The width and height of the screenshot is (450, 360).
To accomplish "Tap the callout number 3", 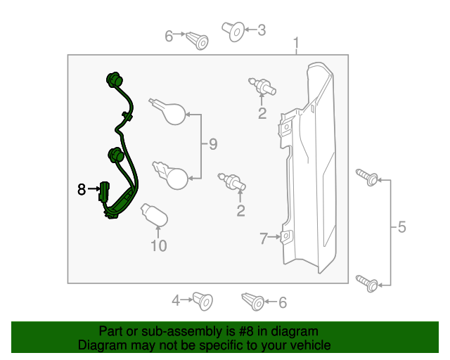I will [x=261, y=30].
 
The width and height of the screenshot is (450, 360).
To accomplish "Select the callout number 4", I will [x=176, y=301].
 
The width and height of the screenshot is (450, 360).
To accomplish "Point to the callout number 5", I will [x=401, y=227].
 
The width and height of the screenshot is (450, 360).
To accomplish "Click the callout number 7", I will [x=264, y=239].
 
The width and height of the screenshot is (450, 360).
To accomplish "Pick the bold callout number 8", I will [x=82, y=189].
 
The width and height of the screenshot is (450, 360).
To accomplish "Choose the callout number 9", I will [x=212, y=145].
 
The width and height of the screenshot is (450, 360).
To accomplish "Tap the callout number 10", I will [x=158, y=245].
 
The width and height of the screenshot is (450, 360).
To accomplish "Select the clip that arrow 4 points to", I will [x=205, y=300].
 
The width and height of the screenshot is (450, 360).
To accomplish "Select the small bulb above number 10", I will [x=155, y=214].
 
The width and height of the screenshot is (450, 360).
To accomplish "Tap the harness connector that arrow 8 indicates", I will [x=105, y=191].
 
